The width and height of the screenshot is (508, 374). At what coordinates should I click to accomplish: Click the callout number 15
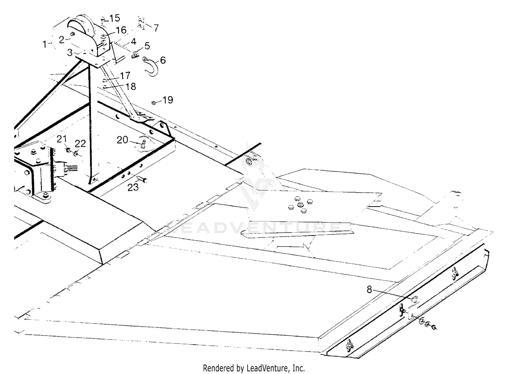click(114, 18)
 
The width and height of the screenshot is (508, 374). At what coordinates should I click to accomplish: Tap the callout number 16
click(121, 30)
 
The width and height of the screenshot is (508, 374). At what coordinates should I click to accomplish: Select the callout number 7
click(156, 28)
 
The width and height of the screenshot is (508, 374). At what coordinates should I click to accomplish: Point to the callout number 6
click(163, 60)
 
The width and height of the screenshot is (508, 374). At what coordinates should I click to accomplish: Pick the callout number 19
click(168, 100)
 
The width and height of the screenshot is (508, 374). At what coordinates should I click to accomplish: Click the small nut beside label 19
click(154, 102)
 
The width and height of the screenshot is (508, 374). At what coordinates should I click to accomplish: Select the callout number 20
click(123, 139)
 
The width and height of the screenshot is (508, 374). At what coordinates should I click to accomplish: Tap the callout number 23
click(133, 187)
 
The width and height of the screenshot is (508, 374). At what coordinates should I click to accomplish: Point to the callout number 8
click(369, 290)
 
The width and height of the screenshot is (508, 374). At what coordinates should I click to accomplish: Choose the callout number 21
click(62, 139)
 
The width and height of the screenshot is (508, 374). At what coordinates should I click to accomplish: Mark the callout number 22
click(80, 144)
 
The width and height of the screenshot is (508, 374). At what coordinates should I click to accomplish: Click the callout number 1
click(44, 44)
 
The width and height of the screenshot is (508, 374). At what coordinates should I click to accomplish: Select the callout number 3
click(69, 52)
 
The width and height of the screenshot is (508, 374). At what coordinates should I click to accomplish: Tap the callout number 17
click(125, 75)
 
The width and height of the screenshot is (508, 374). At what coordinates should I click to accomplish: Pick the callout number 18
click(130, 87)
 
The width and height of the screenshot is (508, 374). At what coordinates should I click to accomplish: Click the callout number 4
click(133, 42)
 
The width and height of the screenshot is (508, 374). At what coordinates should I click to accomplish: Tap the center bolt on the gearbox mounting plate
click(299, 205)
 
